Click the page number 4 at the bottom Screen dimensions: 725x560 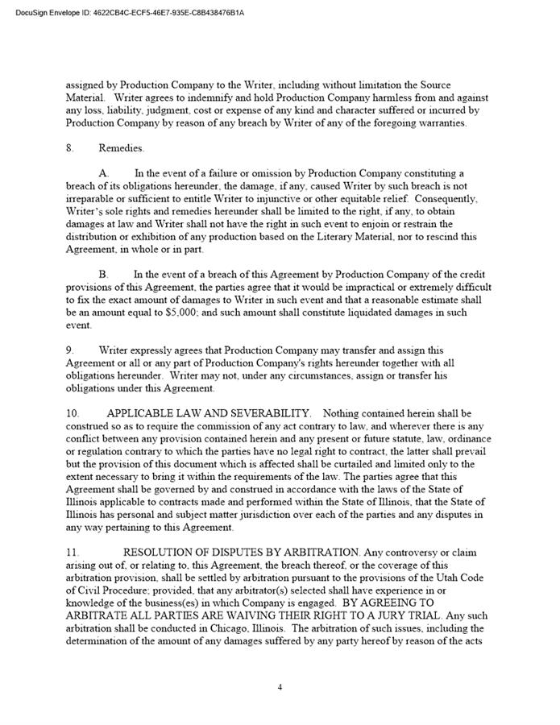coord(280,687)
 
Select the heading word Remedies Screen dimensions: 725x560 coord(122,148)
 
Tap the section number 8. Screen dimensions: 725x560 coord(69,148)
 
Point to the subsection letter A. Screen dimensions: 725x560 coord(104,173)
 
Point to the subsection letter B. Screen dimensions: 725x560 coord(104,274)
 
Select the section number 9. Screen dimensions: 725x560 coord(69,350)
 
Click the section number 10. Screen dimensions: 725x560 coord(73,413)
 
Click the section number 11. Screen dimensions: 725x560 coord(73,552)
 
